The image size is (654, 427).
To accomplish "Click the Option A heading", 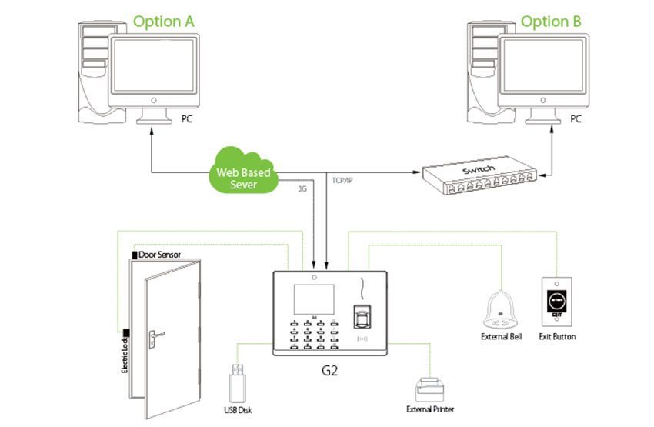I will point(163,21).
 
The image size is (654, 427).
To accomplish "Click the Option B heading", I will point(551,21).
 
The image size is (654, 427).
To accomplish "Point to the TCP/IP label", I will point(342,180).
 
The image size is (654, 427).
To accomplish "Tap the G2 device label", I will point(330,370).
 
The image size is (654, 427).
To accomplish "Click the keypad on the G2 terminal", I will point(312,334).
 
